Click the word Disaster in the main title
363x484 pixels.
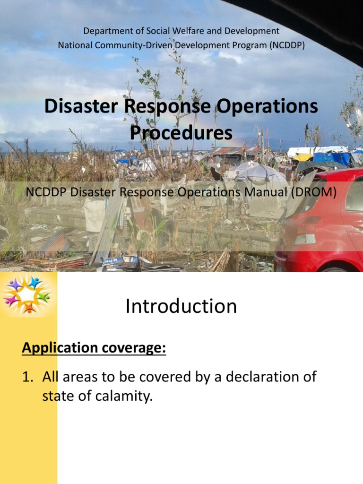pyautogui.click(x=80, y=106)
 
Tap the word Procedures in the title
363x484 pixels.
pyautogui.click(x=181, y=133)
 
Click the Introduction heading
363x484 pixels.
pyautogui.click(x=181, y=306)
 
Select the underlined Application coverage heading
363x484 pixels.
pyautogui.click(x=94, y=348)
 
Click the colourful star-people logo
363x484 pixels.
pyautogui.click(x=27, y=294)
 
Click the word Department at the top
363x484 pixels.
pyautogui.click(x=105, y=31)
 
